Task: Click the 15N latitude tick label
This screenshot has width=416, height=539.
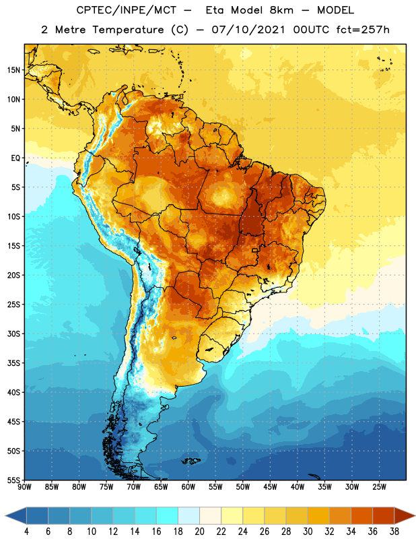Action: tap(13, 70)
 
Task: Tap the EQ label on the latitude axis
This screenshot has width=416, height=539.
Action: tap(15, 158)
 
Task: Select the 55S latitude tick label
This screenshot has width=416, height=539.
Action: tap(13, 480)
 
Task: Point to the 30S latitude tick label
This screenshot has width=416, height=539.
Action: tap(13, 334)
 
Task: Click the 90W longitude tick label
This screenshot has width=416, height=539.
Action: tap(24, 486)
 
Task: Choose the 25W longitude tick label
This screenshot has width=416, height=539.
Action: tap(379, 486)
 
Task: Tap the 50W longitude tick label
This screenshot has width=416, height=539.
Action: tap(243, 486)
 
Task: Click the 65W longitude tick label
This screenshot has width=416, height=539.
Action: tap(161, 486)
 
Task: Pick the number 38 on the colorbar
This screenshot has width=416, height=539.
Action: tap(394, 532)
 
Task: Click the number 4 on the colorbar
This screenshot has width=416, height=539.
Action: tap(26, 532)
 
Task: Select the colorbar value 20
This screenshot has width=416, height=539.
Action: tap(199, 532)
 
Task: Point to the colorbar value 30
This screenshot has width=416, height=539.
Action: tap(308, 532)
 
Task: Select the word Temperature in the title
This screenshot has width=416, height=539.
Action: tap(129, 30)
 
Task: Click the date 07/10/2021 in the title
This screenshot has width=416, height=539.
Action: tap(248, 30)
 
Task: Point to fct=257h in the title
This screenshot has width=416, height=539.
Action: tap(363, 30)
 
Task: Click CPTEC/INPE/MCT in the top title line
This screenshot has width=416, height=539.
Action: tap(127, 10)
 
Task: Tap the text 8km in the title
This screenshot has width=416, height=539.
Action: tap(281, 10)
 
